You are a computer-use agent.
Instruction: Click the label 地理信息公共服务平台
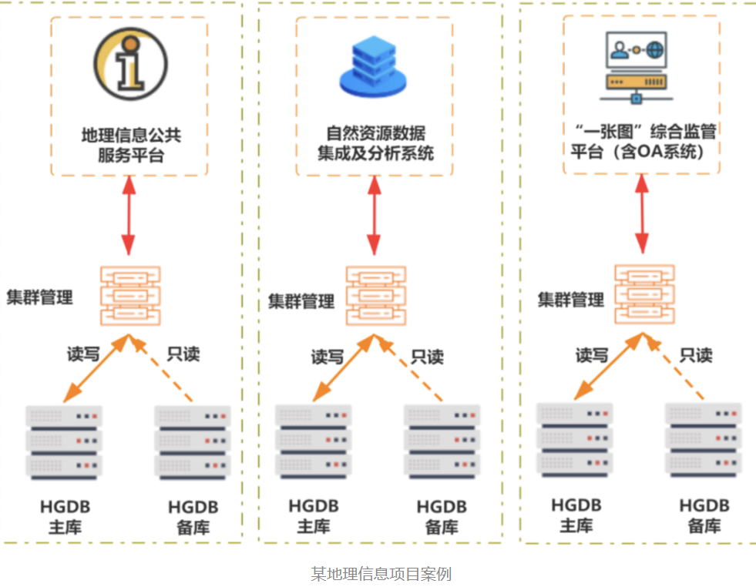click(130, 145)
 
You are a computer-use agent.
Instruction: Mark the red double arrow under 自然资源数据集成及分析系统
click(375, 216)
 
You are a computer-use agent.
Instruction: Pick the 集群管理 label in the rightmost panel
click(571, 299)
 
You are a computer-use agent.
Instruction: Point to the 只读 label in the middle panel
click(427, 357)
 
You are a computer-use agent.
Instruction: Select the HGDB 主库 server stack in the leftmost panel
click(64, 441)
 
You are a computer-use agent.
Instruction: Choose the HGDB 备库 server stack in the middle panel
click(442, 441)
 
